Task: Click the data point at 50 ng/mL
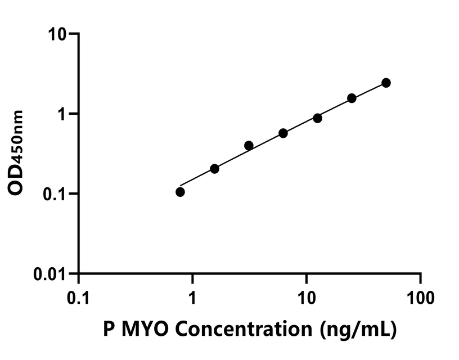click(x=386, y=83)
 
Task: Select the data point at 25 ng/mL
click(x=352, y=98)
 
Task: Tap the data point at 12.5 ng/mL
click(x=317, y=118)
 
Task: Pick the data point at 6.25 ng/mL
click(x=283, y=133)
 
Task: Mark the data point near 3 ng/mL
click(x=249, y=146)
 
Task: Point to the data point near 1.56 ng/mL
click(x=214, y=169)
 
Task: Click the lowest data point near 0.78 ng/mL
click(x=180, y=192)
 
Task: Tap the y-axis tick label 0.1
click(x=57, y=194)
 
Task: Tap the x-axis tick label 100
click(x=421, y=295)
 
